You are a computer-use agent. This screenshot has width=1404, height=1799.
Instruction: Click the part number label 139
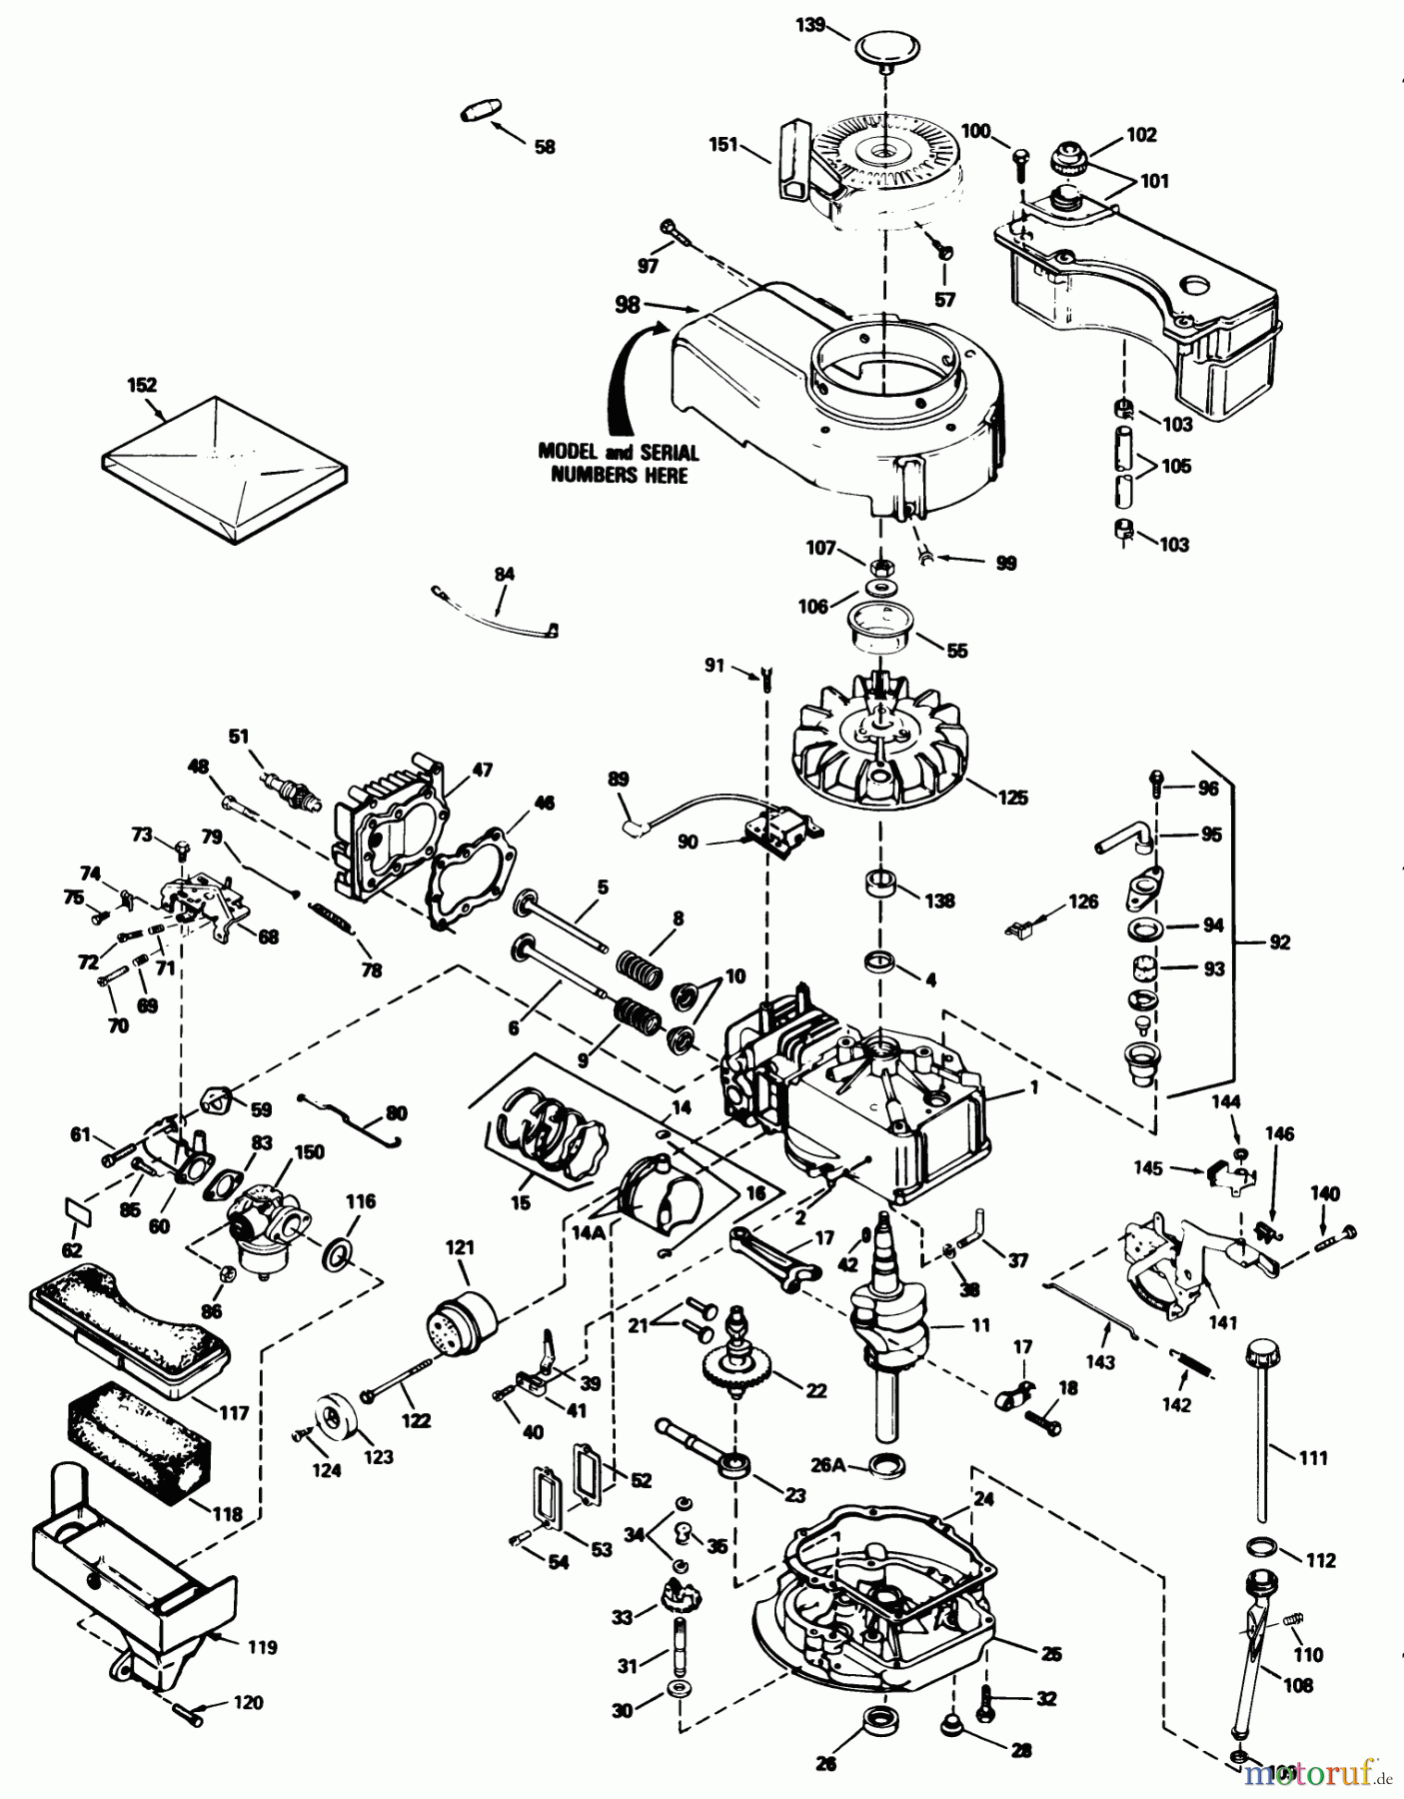click(x=811, y=24)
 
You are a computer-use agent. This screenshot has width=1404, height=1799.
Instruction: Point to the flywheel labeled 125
click(x=879, y=744)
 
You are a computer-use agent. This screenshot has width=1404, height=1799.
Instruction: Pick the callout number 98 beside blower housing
click(x=628, y=304)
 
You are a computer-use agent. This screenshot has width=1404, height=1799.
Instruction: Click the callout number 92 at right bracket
click(x=1279, y=941)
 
